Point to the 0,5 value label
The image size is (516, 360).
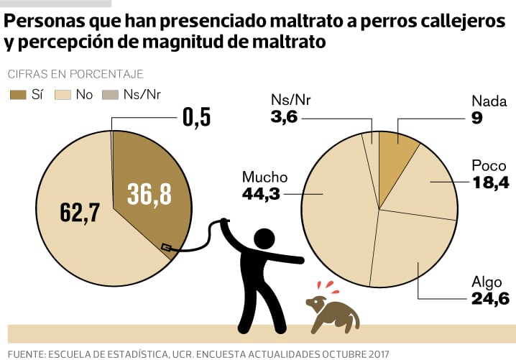click(195, 117)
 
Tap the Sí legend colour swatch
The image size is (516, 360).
click(17, 94)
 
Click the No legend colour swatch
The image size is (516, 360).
click(63, 94)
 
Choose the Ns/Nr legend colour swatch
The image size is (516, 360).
click(110, 94)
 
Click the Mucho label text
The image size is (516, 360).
click(264, 177)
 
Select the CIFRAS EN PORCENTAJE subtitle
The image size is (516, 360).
click(75, 73)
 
